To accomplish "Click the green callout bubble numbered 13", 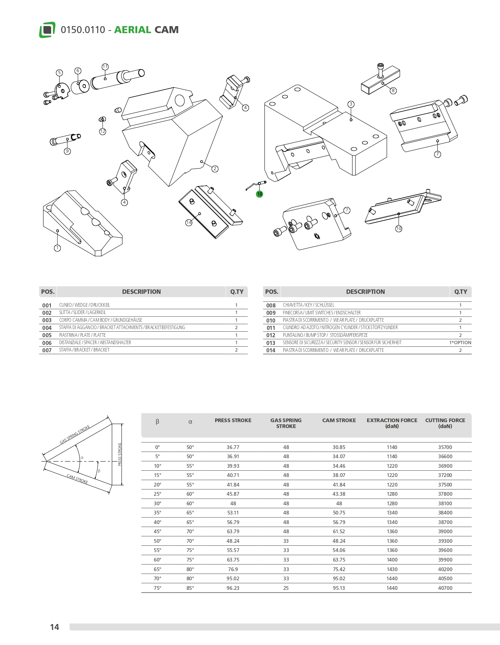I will pos(260,194).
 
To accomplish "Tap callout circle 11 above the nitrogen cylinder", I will pos(105,67).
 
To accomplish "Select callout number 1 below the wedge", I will pos(57,248).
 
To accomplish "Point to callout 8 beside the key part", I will pos(393,90).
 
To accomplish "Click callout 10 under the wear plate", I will pos(399,229).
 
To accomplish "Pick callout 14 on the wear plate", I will pos(189,222).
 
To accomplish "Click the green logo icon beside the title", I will pos(47,30).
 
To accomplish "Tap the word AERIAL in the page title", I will pos(132,30).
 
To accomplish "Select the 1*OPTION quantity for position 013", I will pos(460,343).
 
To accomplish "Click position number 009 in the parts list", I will pos(271,313).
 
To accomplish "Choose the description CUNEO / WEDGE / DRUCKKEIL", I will pos(85,305).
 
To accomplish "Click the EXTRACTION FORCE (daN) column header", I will pos(392,423).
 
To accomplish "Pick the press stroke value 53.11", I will pos(233,513).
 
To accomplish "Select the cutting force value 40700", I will pos(445,588).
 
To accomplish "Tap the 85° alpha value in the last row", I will pos(190,588).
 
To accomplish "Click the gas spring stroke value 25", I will pos(286,588).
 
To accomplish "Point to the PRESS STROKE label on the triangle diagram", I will pos(120,455).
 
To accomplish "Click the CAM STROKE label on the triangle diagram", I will pos(77,479).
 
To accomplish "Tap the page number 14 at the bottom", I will pos(54,627).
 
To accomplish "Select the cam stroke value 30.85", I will pos(339,447).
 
